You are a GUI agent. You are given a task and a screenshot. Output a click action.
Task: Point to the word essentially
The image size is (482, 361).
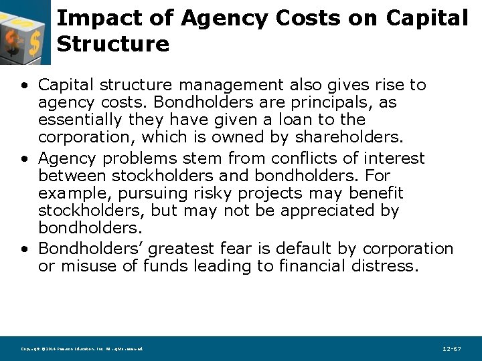(78, 120)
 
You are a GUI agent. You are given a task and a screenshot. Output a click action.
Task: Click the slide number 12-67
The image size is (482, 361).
(452, 349)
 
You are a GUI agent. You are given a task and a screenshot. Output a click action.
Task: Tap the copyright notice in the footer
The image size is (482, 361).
(82, 349)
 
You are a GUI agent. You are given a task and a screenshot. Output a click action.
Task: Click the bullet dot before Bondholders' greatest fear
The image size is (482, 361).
(25, 249)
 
